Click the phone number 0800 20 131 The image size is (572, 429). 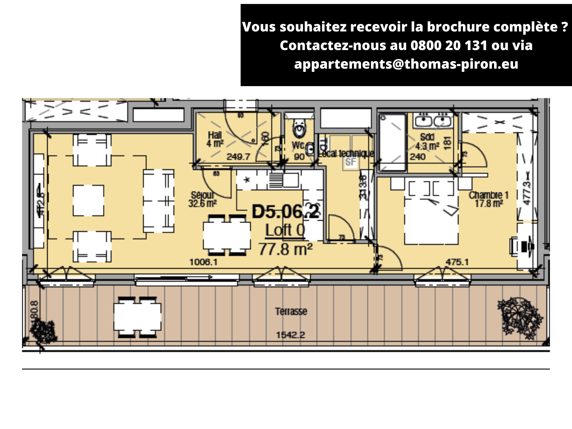449,45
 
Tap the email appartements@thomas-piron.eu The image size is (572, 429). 406,64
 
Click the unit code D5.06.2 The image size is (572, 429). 286,212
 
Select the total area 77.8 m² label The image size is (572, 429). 286,249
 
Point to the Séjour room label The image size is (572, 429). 202,199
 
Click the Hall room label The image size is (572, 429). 215,139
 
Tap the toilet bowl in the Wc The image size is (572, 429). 299,129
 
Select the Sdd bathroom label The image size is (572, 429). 427,142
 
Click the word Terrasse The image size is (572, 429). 291,311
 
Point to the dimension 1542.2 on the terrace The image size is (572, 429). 290,335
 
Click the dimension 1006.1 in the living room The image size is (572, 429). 203,262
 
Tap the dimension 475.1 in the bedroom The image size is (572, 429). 457,262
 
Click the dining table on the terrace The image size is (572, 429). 137,317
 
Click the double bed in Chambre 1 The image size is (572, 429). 431,214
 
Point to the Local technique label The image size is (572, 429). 346,153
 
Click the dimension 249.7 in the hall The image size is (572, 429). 238,157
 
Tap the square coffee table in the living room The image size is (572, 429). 89,201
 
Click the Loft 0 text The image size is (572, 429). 285,230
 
